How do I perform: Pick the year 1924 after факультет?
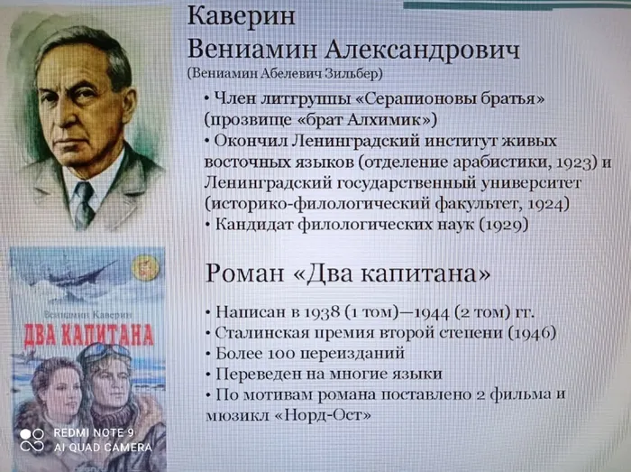coord(548,204)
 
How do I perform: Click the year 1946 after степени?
coord(535,334)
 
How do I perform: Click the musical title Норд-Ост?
coord(331,415)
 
